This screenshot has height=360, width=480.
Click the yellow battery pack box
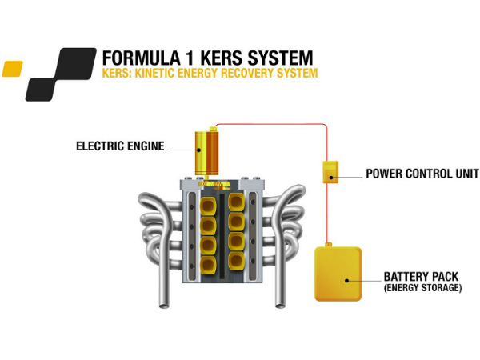[x=338, y=274]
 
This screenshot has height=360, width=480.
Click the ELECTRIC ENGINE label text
[x=120, y=146]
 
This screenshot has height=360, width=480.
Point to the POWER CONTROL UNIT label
[x=422, y=173]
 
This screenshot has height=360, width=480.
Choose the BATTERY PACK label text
[x=421, y=276]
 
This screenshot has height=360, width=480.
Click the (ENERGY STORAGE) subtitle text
[x=422, y=287]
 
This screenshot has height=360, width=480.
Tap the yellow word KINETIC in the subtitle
[x=156, y=73]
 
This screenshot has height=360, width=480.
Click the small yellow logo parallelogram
[x=12, y=69]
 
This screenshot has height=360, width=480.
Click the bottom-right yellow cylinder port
[x=236, y=263]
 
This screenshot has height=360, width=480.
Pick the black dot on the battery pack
[x=346, y=281]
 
